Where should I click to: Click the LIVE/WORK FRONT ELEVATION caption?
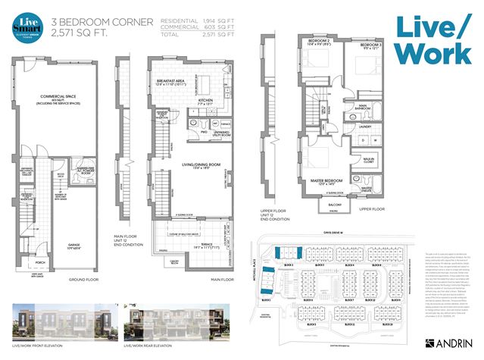(37, 345)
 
